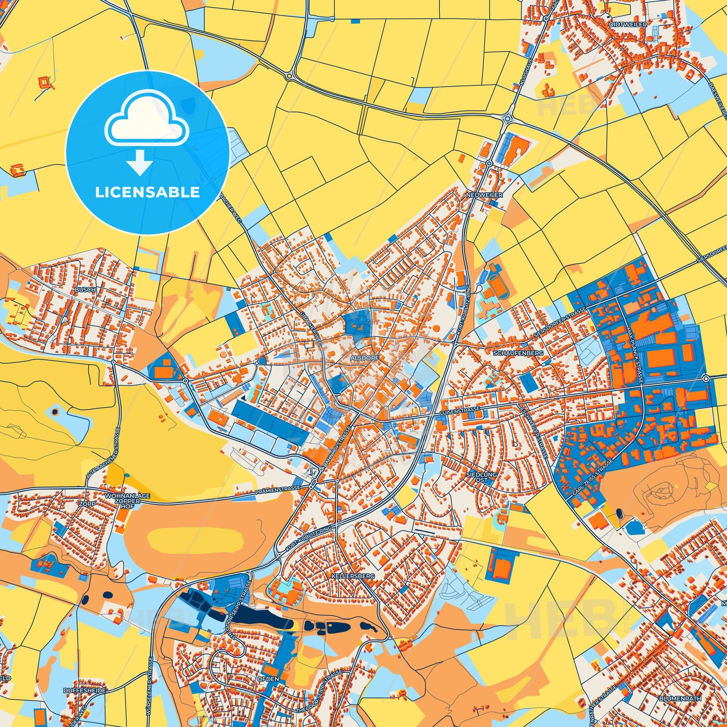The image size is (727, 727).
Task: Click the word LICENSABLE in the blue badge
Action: (x=147, y=192)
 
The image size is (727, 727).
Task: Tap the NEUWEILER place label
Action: (x=478, y=195)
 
